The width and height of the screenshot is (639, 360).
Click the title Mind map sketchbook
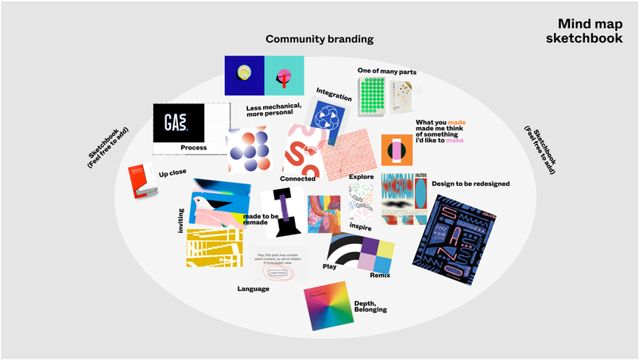pyautogui.click(x=590, y=31)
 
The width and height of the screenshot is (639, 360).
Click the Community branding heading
pyautogui.click(x=319, y=39)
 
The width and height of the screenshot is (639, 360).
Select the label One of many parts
pyautogui.click(x=387, y=72)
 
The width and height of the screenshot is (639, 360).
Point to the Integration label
pyautogui.click(x=334, y=94)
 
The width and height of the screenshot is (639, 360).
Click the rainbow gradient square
pyautogui.click(x=327, y=305)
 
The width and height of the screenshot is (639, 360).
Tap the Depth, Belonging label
pyautogui.click(x=370, y=305)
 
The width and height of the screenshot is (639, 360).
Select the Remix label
pyautogui.click(x=381, y=275)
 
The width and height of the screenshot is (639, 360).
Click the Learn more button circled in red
pyautogui.click(x=277, y=273)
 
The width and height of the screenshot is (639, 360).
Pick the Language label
pyautogui.click(x=254, y=288)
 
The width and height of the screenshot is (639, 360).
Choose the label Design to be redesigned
pyautogui.click(x=471, y=184)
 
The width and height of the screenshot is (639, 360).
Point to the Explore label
pyautogui.click(x=362, y=176)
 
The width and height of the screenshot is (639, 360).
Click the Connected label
pyautogui.click(x=298, y=179)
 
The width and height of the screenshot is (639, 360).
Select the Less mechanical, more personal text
pyautogui.click(x=274, y=110)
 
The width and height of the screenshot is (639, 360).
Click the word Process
pyautogui.click(x=193, y=148)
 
